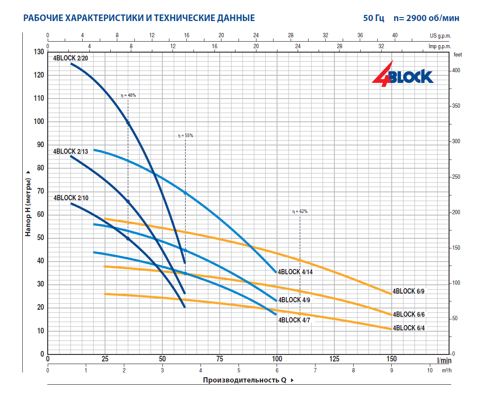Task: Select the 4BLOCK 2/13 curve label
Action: [70, 152]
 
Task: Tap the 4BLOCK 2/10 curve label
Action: [71, 198]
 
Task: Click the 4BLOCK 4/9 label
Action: [295, 300]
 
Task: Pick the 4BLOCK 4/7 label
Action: [295, 320]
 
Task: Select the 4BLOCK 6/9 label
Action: [409, 291]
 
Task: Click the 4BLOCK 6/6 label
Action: [409, 314]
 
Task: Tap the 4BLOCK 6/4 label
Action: [409, 328]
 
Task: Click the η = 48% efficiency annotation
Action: [128, 96]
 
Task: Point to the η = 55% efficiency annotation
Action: [185, 136]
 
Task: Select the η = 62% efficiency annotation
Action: [300, 212]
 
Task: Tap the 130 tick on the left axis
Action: [39, 52]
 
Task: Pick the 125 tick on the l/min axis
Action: [334, 359]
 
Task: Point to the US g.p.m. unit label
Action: [440, 35]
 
